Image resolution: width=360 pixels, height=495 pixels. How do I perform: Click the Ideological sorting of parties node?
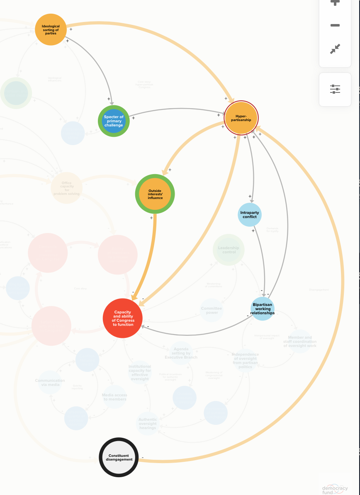pos(51,29)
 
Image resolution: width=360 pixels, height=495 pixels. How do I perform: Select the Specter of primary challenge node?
pos(114,121)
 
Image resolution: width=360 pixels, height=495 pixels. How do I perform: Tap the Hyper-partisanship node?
pos(241,118)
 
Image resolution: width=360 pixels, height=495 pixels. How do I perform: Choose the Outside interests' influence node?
pos(155,194)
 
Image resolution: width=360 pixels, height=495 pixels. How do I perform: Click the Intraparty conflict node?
pos(250,215)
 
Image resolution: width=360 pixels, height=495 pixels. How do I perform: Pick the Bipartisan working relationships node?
pos(263,309)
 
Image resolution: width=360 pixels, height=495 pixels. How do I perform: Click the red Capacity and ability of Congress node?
pos(123,318)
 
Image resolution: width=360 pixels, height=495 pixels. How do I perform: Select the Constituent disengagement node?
pos(119,457)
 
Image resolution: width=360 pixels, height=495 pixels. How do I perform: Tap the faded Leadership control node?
pos(229,250)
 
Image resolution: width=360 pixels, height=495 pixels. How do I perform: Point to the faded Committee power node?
pos(212,310)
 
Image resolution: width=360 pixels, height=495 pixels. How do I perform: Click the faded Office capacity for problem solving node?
pos(67,188)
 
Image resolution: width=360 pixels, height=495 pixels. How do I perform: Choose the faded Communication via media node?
pos(50,382)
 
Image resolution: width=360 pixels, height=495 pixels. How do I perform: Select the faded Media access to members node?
pos(114,397)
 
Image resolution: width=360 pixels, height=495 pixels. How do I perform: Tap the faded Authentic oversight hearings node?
pos(148,424)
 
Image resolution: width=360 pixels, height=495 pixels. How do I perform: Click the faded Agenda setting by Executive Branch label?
pos(181,353)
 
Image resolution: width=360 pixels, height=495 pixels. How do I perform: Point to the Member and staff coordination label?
pos(300,342)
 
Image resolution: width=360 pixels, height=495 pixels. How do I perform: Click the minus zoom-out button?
pos(335,25)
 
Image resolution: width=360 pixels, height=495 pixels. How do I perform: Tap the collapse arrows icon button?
pos(335,49)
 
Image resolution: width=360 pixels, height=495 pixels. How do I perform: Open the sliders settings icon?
pos(335,89)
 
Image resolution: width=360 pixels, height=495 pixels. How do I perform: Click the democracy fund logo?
pos(335,489)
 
